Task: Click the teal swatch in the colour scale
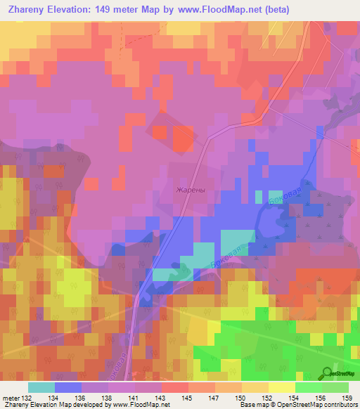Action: click(x=41, y=387)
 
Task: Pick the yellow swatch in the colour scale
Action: click(x=281, y=387)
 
